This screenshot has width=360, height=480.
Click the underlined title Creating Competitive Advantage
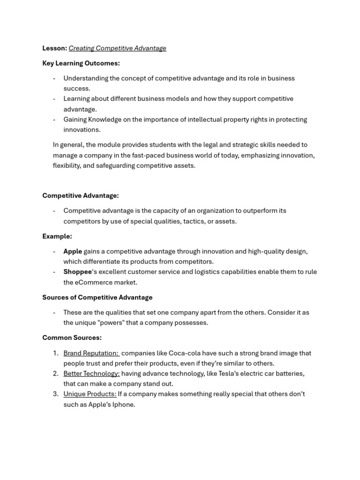point(117,48)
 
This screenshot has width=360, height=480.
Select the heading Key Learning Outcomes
point(81,63)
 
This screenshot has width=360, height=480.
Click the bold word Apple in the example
point(73,251)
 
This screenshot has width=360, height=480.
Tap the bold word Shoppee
point(78,272)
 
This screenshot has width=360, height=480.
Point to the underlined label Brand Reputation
point(91,353)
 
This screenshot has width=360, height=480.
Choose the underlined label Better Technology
point(91,374)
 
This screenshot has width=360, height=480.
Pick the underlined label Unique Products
point(90,394)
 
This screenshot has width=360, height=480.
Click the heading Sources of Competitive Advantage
point(97,298)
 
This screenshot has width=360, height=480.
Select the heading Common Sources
point(72,338)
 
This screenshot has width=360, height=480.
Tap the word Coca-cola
point(191,353)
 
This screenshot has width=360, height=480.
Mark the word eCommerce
point(93,282)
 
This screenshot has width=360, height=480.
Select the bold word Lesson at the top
point(54,48)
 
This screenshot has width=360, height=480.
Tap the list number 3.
point(55,394)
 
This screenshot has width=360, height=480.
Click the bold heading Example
point(57,237)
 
